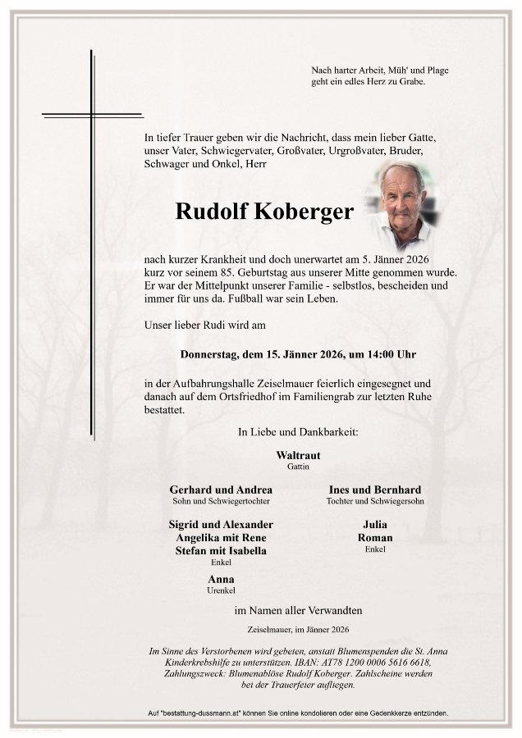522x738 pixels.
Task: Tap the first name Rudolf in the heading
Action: pyautogui.click(x=208, y=212)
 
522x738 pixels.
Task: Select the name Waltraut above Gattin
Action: pyautogui.click(x=298, y=454)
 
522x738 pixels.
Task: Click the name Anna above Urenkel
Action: pyautogui.click(x=221, y=579)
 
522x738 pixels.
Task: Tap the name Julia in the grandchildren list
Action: pyautogui.click(x=374, y=525)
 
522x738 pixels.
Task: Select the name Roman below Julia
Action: pyautogui.click(x=375, y=538)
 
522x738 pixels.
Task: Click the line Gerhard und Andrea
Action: pyautogui.click(x=221, y=490)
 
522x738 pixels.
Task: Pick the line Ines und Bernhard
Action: pyautogui.click(x=375, y=490)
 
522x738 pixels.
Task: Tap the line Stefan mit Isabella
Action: pyautogui.click(x=221, y=551)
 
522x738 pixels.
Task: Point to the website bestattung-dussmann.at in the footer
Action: pyautogui.click(x=208, y=714)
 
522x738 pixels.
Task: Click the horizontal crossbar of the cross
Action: pyautogui.click(x=92, y=115)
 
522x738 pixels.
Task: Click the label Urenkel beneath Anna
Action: pyautogui.click(x=221, y=590)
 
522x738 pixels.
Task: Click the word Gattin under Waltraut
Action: pyautogui.click(x=298, y=466)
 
